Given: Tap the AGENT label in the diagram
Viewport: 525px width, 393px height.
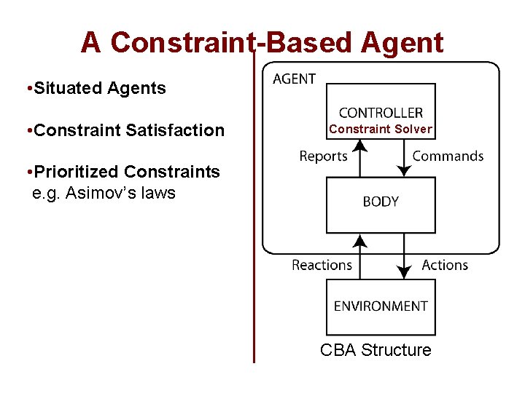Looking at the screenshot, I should pyautogui.click(x=294, y=79).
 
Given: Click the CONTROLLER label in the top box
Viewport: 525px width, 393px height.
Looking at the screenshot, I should pyautogui.click(x=381, y=112).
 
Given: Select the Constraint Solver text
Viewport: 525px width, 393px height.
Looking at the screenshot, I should pyautogui.click(x=381, y=130).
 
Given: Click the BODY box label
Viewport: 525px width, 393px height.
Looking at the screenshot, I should pyautogui.click(x=381, y=201).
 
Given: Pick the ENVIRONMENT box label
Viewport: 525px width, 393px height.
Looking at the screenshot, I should pyautogui.click(x=381, y=306).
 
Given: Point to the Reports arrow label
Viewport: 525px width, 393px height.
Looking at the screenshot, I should pyautogui.click(x=323, y=156).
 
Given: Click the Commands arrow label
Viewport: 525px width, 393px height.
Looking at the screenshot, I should pyautogui.click(x=448, y=156).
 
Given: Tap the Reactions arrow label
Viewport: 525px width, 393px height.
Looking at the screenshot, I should pyautogui.click(x=322, y=265).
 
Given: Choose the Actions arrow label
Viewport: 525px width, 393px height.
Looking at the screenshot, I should pyautogui.click(x=445, y=265).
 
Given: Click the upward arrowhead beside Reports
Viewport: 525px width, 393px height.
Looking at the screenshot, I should pyautogui.click(x=359, y=147).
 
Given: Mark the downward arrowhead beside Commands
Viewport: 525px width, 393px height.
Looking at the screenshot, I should pyautogui.click(x=404, y=170).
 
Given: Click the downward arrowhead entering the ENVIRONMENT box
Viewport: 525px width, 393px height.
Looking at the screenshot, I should pyautogui.click(x=403, y=273).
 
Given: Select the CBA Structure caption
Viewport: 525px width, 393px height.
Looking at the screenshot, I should pyautogui.click(x=376, y=350).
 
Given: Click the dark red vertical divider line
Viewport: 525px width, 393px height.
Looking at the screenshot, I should pyautogui.click(x=254, y=218).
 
